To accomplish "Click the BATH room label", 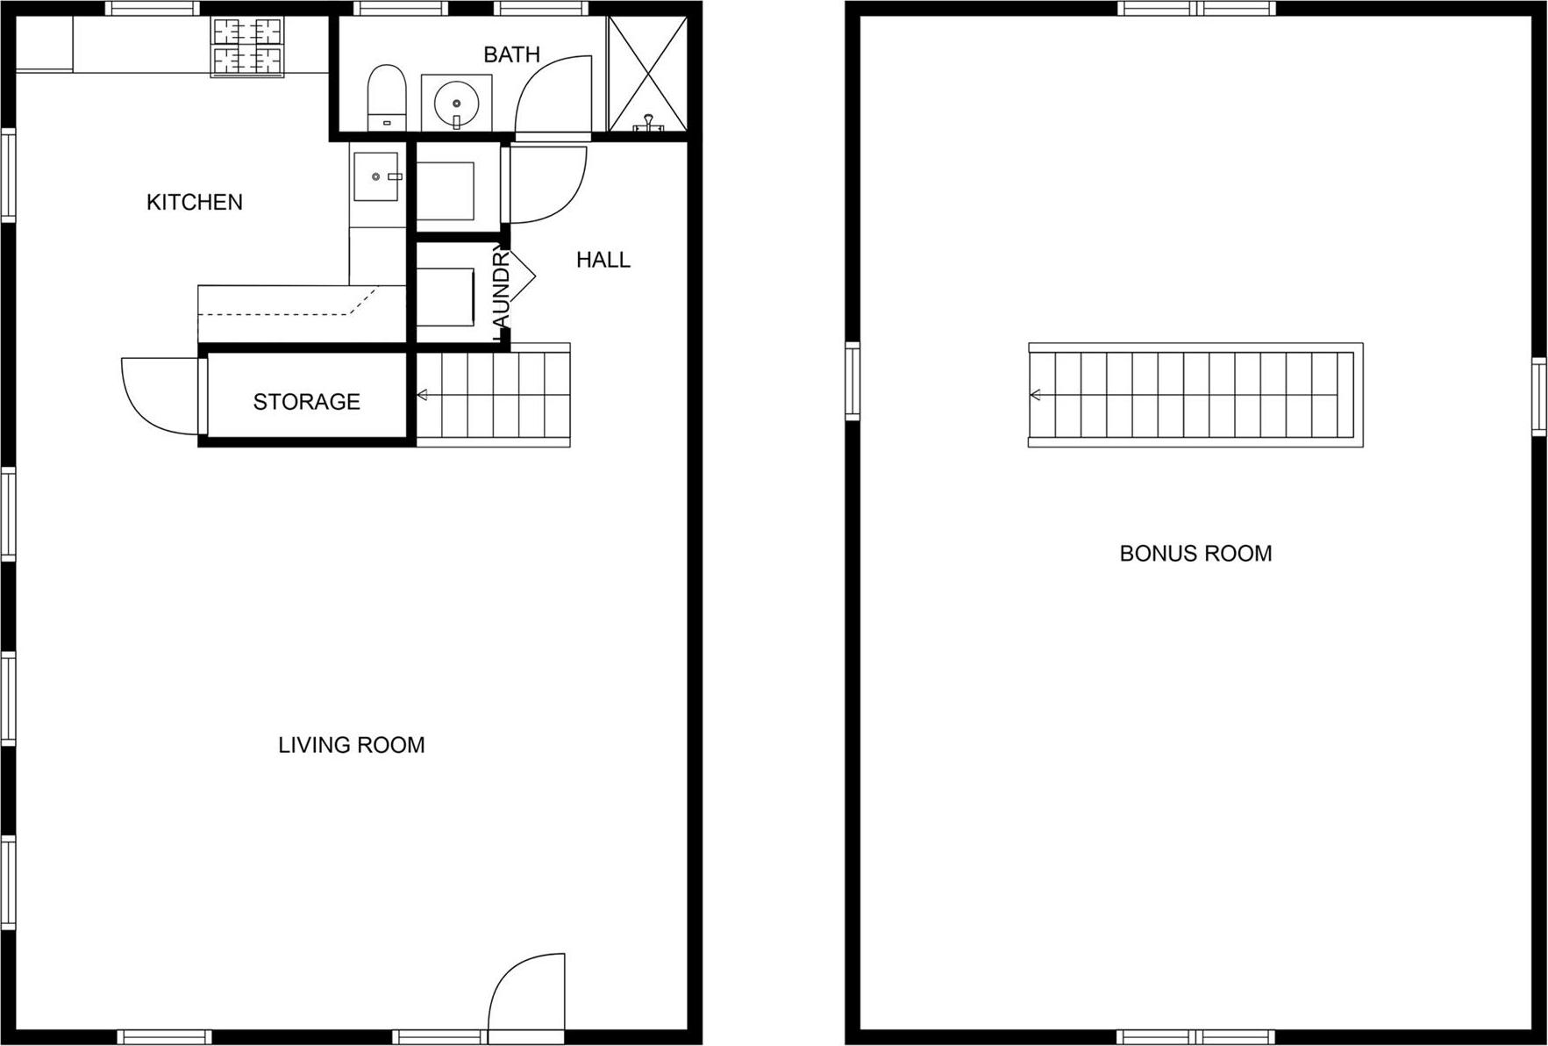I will coord(511,54).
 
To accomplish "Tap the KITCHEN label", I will coord(194,202).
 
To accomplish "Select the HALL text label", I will coord(603,260).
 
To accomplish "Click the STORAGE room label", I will coord(306,402).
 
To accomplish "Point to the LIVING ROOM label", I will coord(351,745).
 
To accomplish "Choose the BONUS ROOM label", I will coord(1195,554).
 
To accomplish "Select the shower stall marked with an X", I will coord(647,75).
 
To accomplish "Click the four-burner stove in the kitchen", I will coord(247,47).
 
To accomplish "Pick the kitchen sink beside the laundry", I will coord(376,176).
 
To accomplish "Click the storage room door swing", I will coord(158,395).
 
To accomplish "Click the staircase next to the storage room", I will coord(493,395).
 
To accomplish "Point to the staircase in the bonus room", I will coord(1195,395).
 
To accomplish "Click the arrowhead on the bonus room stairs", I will coord(1036,395).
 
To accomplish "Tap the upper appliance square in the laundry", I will coord(445,190).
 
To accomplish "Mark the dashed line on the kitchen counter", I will coord(289,313).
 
